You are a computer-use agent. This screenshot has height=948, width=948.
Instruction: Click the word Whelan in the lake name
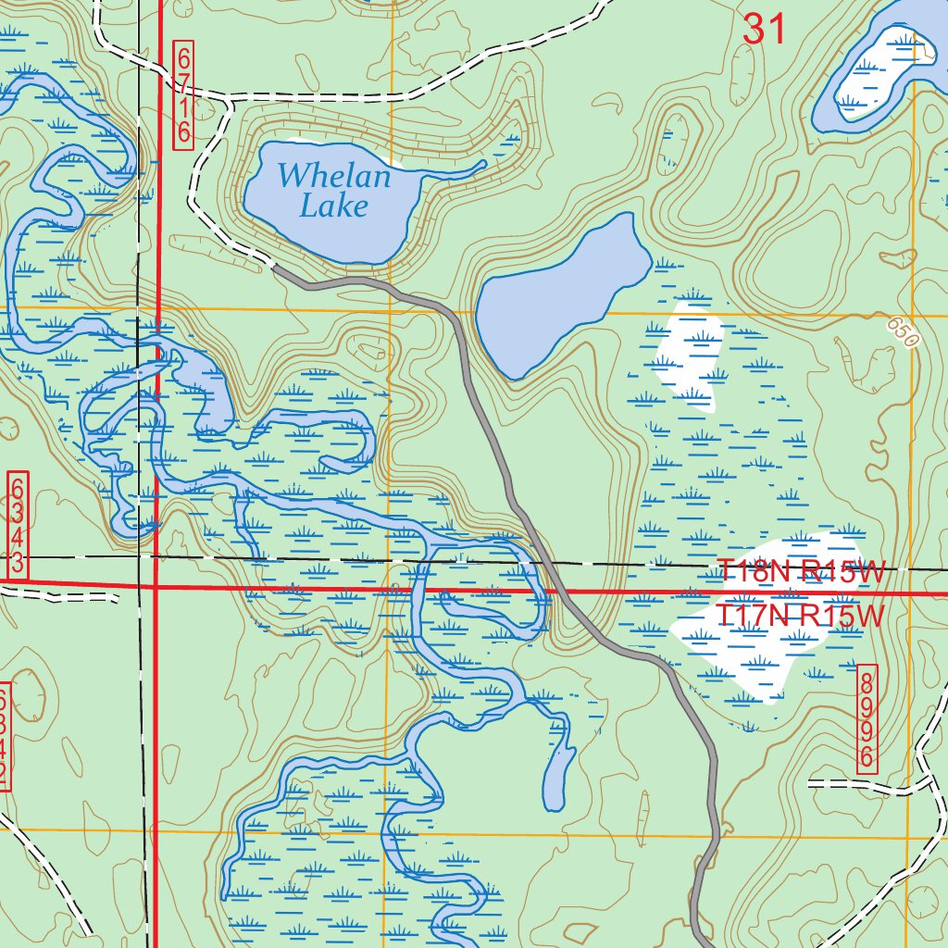(x=334, y=174)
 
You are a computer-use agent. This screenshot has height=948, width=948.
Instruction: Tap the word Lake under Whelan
(x=333, y=206)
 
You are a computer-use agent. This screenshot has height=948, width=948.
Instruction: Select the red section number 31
(x=765, y=30)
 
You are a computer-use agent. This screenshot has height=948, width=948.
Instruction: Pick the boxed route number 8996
(x=867, y=717)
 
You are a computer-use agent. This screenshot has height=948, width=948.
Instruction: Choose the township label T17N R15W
(x=803, y=615)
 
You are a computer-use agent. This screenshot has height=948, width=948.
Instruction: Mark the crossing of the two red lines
(x=155, y=586)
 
